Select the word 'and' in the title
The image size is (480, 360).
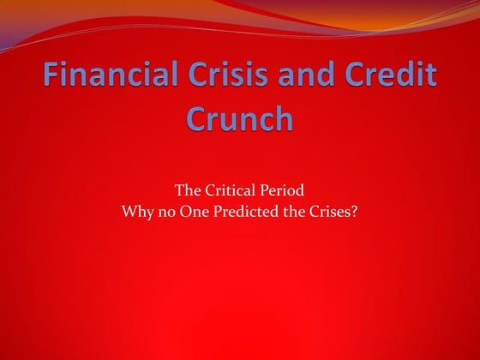pos(290,76)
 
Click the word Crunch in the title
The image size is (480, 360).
pos(239,117)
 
